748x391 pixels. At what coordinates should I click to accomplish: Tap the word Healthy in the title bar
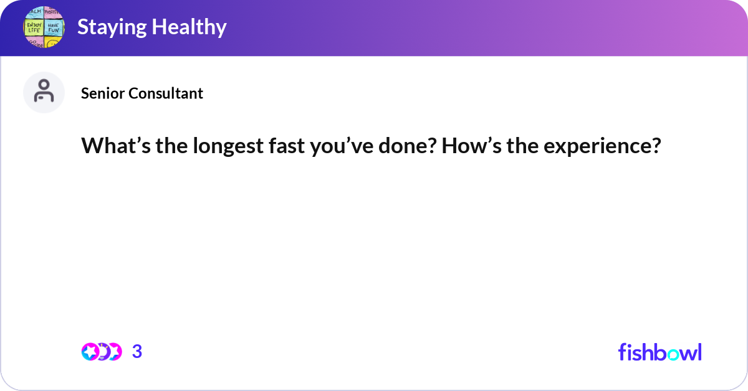pos(190,27)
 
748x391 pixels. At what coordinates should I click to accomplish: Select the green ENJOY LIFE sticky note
pos(34,27)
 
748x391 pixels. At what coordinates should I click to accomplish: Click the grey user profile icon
pos(44,92)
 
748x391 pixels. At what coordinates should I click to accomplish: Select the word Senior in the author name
pos(103,93)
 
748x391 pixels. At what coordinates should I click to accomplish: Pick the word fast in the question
pos(279,146)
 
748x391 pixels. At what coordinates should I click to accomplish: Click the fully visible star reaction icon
pos(90,352)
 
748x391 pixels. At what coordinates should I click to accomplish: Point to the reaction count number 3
pos(137,352)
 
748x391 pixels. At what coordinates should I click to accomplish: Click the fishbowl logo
pos(659,352)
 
